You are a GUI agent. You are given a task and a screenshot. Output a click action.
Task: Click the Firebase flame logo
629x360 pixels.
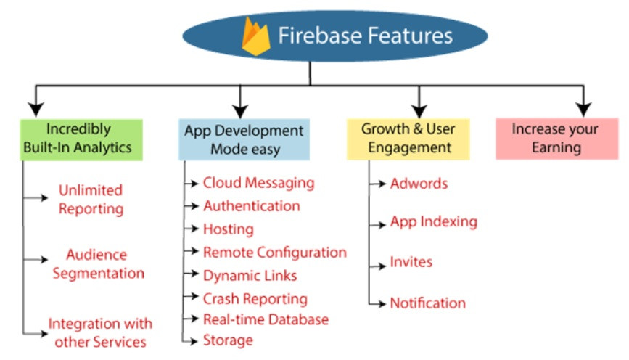[255, 37]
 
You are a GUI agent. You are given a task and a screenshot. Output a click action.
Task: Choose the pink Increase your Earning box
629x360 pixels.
[556, 139]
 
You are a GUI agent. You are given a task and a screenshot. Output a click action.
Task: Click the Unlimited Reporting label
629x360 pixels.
[91, 199]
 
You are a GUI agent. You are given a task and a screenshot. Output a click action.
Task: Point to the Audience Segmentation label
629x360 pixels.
[97, 264]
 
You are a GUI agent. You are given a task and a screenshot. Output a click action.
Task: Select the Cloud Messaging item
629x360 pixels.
[258, 183]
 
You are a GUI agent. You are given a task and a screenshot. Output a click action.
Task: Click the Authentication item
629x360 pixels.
[251, 206]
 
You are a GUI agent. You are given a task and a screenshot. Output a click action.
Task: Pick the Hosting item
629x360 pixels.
[228, 229]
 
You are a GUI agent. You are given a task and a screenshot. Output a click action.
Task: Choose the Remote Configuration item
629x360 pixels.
[274, 253]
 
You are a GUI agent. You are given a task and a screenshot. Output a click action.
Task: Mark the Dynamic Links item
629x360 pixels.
[250, 276]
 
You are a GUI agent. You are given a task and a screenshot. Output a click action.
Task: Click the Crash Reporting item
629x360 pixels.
[255, 299]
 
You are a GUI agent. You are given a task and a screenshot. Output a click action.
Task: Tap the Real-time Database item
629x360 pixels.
[266, 319]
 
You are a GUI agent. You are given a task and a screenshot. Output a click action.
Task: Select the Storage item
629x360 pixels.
[228, 340]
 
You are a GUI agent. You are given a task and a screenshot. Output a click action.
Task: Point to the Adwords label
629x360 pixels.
[419, 183]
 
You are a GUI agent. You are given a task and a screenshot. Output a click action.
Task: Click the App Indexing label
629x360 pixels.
[433, 222]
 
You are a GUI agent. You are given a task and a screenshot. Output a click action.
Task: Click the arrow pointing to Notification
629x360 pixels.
[378, 303]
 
